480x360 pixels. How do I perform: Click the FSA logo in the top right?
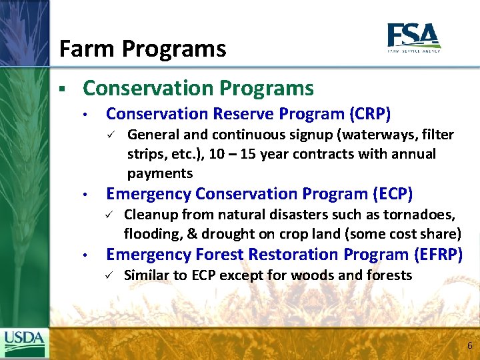click(413, 37)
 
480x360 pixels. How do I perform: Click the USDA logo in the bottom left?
click(24, 342)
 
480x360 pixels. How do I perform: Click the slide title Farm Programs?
click(142, 49)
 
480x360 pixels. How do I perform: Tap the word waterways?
click(376, 135)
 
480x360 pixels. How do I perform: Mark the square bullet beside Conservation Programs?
click(61, 89)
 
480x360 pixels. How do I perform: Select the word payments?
click(159, 173)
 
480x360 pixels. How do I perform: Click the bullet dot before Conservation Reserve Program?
click(86, 115)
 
